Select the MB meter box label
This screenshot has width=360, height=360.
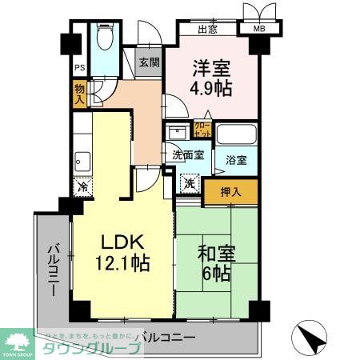click(259, 30)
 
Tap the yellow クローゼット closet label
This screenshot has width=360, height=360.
click(202, 129)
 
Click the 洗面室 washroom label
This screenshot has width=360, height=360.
click(184, 155)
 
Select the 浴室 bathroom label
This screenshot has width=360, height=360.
click(235, 159)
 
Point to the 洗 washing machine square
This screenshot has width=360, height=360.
click(189, 183)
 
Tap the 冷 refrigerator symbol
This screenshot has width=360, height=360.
click(83, 188)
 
